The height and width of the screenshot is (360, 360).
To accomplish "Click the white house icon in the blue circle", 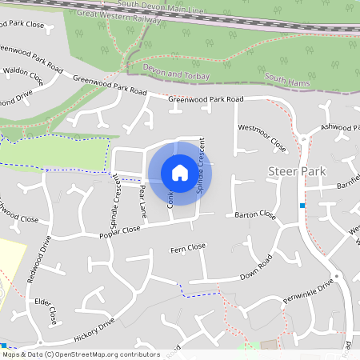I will (x=179, y=172).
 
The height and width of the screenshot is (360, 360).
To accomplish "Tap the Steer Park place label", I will (x=297, y=172).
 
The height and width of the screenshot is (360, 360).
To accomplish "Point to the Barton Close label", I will (x=255, y=215).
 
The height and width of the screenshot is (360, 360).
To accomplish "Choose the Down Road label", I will (x=256, y=269).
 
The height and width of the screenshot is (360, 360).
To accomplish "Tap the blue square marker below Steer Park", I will (x=302, y=206).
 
